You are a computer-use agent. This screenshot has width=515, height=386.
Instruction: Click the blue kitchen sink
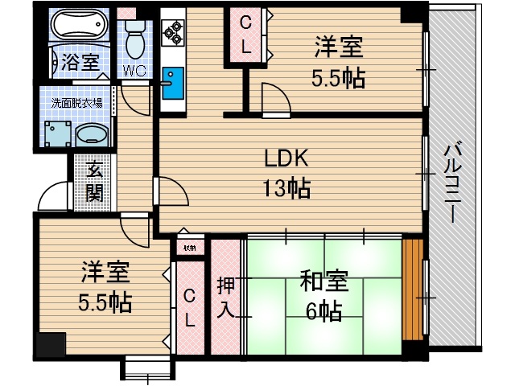tap(172, 84)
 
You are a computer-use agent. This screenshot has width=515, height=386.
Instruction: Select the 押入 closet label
tap(225, 297)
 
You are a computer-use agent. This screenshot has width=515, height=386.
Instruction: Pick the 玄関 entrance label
tap(94, 181)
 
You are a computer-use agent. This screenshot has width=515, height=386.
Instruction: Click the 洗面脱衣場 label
tap(76, 103)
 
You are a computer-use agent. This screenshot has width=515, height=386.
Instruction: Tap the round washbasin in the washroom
tap(95, 133)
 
